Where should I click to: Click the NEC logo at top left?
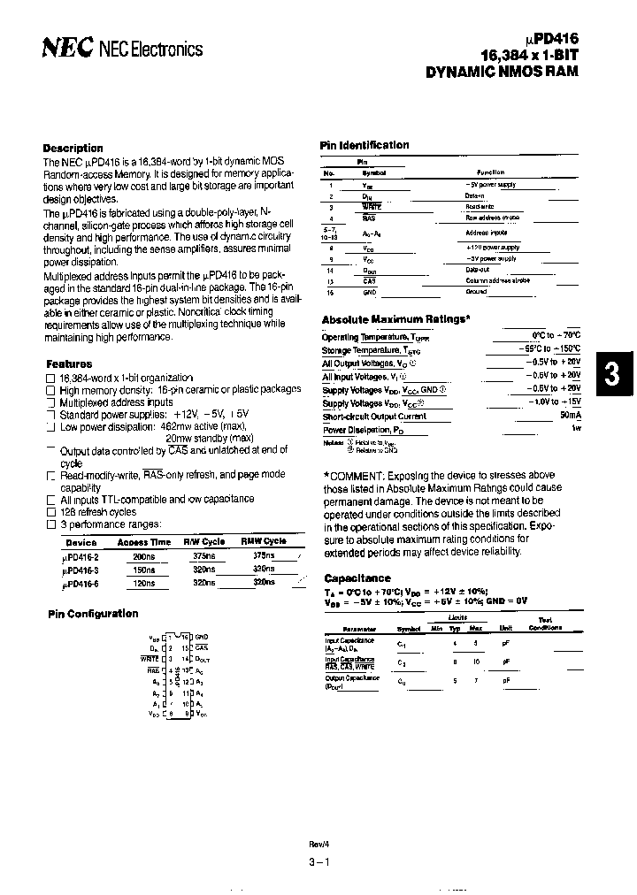(67, 50)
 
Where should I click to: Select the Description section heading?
(73, 148)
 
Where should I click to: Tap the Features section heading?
(69, 363)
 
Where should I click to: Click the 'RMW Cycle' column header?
(264, 541)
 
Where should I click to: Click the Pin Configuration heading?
(92, 614)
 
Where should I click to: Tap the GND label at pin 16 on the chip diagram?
(201, 637)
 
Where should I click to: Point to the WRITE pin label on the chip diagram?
(150, 659)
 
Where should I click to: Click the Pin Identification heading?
(364, 145)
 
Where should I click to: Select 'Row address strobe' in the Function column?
(492, 218)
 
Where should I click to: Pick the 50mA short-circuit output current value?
(571, 415)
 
